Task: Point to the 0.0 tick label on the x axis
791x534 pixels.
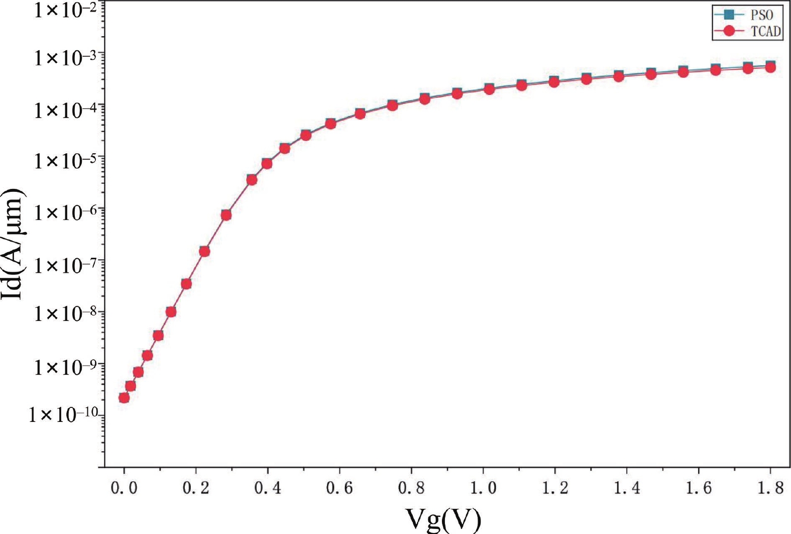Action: click(124, 488)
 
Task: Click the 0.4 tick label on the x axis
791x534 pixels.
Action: click(267, 488)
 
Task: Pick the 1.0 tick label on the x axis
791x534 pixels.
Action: click(483, 488)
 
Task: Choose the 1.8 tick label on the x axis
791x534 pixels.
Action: click(770, 488)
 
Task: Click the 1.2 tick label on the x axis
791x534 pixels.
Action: click(554, 488)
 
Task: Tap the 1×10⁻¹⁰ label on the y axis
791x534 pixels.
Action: click(63, 415)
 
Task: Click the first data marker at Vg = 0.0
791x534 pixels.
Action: click(124, 398)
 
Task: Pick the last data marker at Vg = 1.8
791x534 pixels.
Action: click(770, 67)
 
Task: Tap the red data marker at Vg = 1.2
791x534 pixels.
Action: click(554, 82)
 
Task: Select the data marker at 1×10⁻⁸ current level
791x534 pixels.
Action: click(171, 312)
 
